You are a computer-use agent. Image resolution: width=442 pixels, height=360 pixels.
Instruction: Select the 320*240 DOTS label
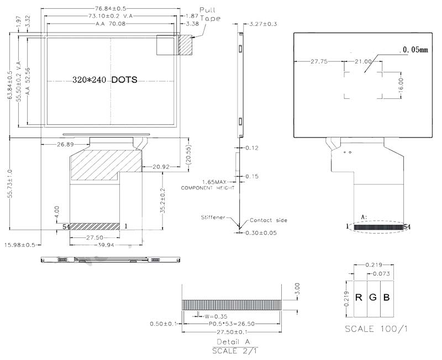coord(104,80)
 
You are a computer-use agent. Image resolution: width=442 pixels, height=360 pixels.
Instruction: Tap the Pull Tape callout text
coord(209,14)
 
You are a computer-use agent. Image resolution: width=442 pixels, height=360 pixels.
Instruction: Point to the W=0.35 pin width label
coord(212,316)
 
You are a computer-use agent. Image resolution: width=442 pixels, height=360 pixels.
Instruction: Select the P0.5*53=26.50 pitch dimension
coord(233,324)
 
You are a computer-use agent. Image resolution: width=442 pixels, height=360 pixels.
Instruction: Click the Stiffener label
coord(213,218)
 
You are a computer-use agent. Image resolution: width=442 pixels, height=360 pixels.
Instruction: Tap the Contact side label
coord(269,220)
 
